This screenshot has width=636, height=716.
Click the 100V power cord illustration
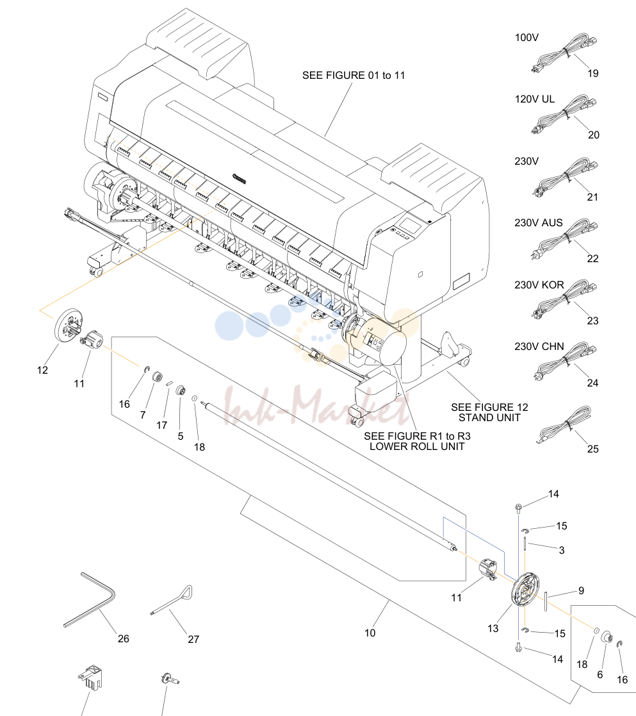(564, 53)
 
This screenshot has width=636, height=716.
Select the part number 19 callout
(592, 74)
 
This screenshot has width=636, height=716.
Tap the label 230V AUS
(539, 223)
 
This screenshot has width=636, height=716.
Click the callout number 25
(592, 449)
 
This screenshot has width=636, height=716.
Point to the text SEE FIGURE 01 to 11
(354, 76)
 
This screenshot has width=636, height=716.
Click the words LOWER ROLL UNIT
(417, 447)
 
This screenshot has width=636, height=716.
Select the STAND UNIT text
(489, 418)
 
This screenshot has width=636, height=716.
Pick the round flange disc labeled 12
(69, 324)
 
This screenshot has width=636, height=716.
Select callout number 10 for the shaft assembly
(370, 633)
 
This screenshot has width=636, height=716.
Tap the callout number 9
(581, 591)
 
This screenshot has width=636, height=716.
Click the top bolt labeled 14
(518, 507)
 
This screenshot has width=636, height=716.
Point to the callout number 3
(562, 550)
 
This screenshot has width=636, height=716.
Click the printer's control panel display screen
(410, 224)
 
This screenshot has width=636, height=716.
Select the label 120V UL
(535, 99)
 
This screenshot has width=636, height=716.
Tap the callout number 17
(162, 425)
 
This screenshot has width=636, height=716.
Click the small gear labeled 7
(158, 378)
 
